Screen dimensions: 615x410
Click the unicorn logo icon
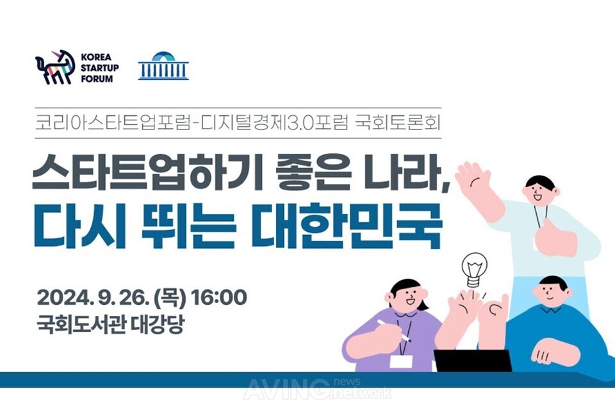[55, 67]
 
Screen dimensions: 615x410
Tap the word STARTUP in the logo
[100, 68]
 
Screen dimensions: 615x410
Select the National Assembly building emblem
[163, 66]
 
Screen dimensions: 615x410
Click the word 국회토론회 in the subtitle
[398, 123]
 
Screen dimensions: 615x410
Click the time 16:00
[219, 298]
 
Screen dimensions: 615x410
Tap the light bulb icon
[474, 270]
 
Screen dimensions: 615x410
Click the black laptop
[473, 361]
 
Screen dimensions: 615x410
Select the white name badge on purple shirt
[401, 361]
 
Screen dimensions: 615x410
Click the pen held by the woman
[393, 330]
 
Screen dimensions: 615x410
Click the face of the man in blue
[551, 292]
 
